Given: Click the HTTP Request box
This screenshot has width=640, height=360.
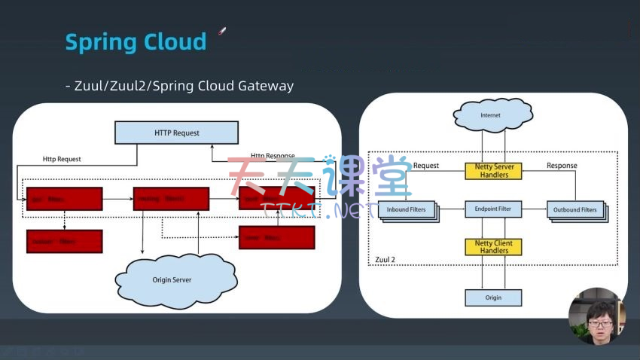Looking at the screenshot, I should [x=177, y=133].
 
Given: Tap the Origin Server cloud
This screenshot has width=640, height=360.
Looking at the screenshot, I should [x=172, y=279].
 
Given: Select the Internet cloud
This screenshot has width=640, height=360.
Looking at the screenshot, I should [x=490, y=115].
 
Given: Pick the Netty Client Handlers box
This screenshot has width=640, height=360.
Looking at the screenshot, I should [x=493, y=247].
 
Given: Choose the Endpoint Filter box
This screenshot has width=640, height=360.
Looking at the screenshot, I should [x=493, y=209].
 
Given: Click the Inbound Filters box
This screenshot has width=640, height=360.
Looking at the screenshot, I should [x=407, y=209].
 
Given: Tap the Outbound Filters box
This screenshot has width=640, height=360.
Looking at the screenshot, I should [x=575, y=209].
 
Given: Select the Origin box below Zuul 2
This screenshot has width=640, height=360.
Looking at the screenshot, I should [x=493, y=297].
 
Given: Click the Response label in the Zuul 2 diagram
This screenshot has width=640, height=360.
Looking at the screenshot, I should [x=562, y=166].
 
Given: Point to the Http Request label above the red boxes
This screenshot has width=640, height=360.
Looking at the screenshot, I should [x=62, y=159].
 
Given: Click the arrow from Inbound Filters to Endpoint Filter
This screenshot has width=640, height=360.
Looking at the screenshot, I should [x=451, y=209].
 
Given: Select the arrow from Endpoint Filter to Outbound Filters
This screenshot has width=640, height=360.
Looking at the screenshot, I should [x=534, y=209].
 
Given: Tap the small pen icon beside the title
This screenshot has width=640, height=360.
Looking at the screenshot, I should [x=222, y=31].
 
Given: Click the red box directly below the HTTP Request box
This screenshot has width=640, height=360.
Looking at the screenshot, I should [x=171, y=198].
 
